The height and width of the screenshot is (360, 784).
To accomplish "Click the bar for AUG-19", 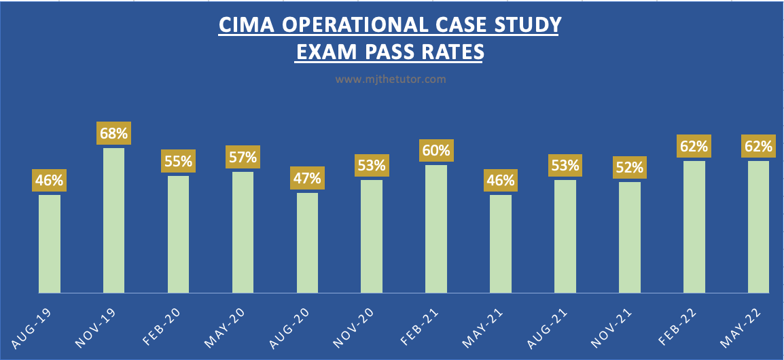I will click(50, 244).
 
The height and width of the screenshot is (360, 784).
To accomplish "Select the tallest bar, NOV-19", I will click(113, 220).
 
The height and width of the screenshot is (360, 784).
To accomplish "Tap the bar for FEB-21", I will click(436, 229).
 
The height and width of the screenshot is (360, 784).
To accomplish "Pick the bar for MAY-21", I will click(501, 244).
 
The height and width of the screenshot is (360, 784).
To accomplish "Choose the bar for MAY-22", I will click(758, 227).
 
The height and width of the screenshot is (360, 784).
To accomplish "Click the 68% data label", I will click(114, 132).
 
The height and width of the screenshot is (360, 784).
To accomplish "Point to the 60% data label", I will click(436, 149).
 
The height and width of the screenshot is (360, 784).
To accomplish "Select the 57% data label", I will click(243, 158).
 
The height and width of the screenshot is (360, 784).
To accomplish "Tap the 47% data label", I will click(307, 179).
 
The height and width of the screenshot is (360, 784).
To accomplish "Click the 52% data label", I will click(629, 168).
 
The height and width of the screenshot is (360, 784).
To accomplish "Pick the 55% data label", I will click(178, 162).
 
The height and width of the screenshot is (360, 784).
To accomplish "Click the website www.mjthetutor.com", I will click(391, 79).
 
